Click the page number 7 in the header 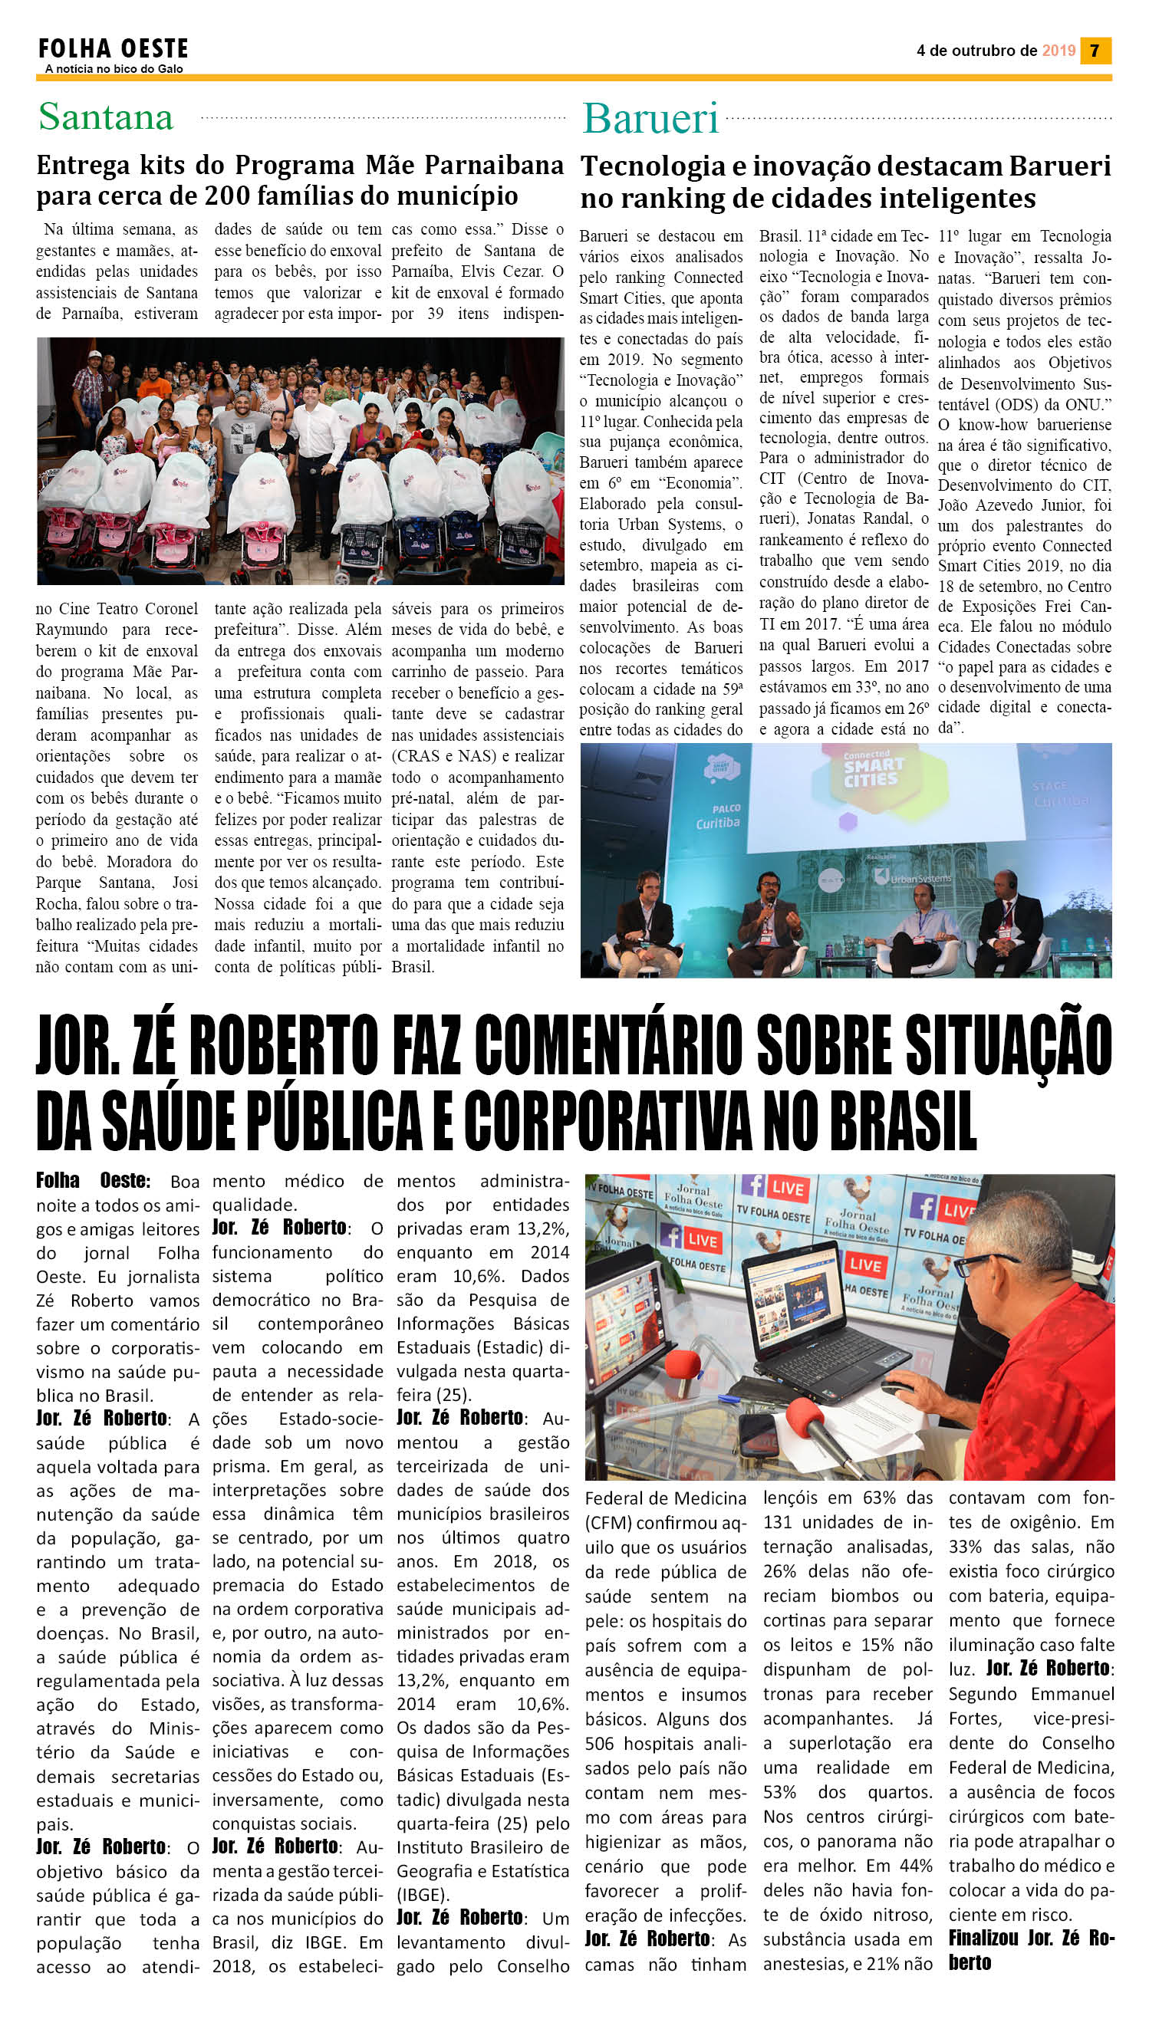click(1095, 51)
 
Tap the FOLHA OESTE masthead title click(113, 49)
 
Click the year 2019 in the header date click(1058, 51)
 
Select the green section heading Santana click(106, 117)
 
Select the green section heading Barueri click(650, 119)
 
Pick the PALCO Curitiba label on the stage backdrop click(717, 816)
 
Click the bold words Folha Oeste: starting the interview click(92, 1181)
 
